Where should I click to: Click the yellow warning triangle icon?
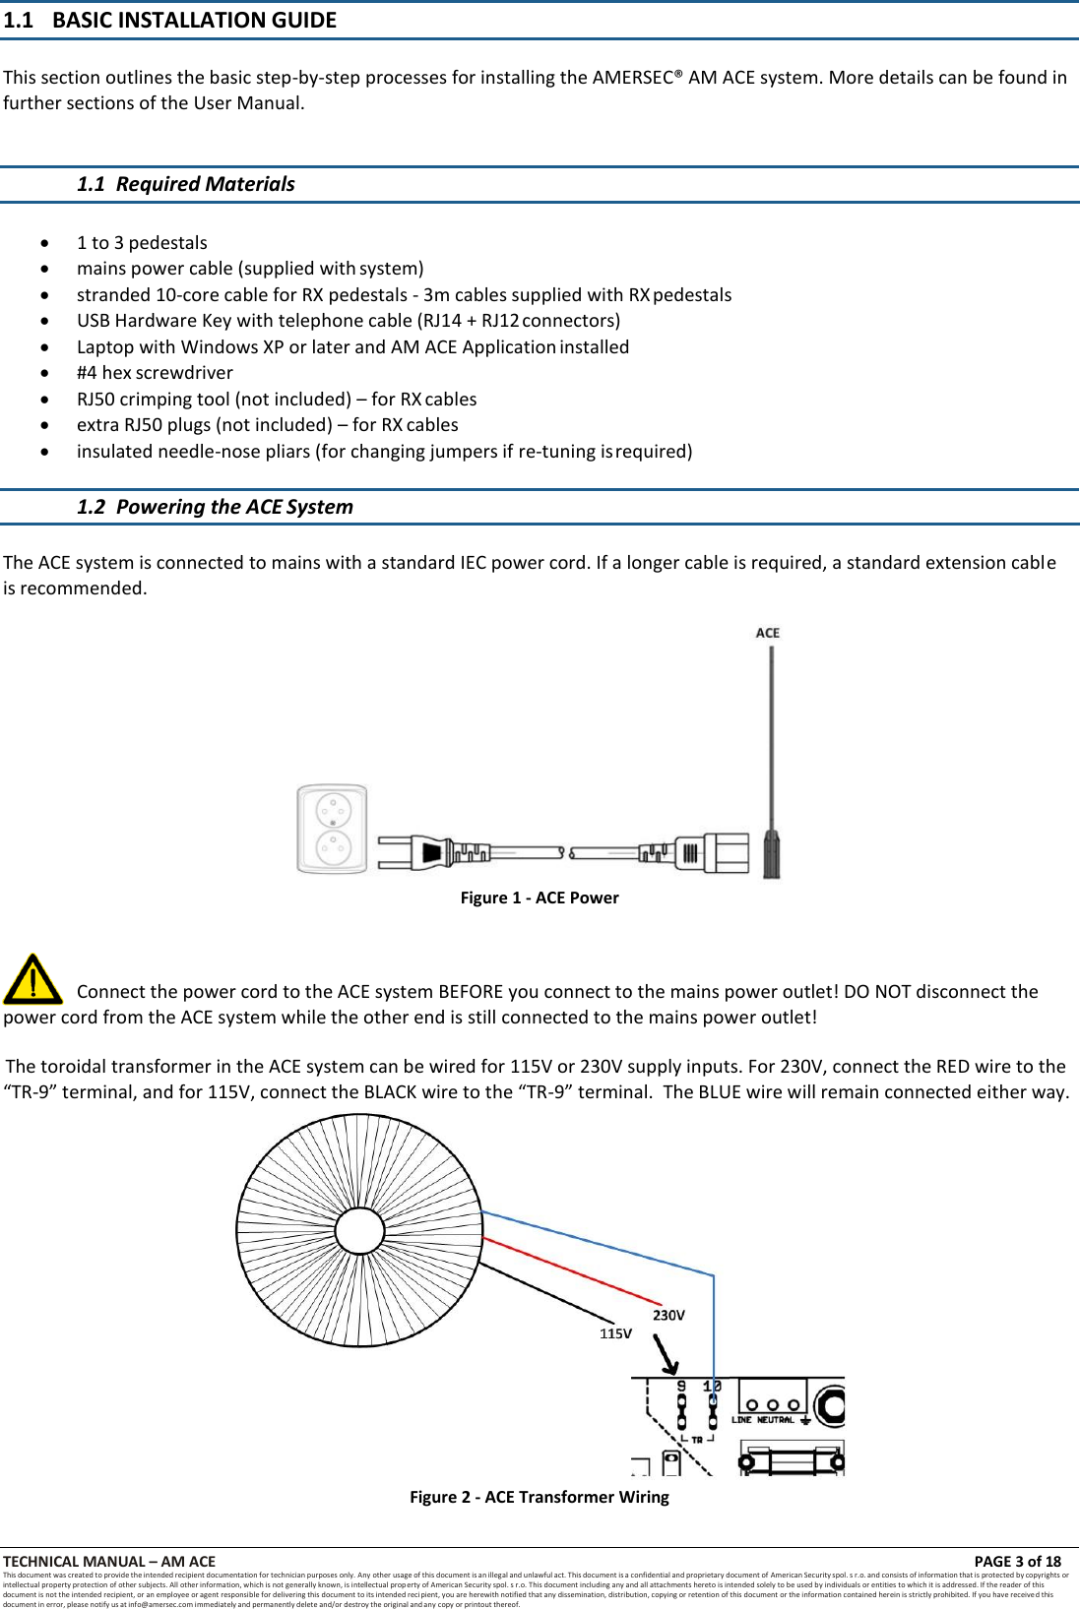(32, 979)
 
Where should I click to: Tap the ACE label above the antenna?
(767, 633)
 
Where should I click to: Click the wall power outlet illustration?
(333, 829)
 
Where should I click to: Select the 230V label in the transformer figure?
(668, 1315)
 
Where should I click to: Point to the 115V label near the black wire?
(615, 1333)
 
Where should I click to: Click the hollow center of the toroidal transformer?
(359, 1231)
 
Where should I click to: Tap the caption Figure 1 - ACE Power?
(540, 897)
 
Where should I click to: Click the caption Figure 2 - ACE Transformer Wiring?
(540, 1497)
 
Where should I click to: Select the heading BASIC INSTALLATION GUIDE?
(194, 20)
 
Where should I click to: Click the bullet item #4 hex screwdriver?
(155, 373)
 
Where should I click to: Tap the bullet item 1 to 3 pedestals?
(142, 243)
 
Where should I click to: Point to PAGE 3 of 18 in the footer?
(1017, 1561)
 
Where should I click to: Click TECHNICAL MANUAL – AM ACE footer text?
(109, 1561)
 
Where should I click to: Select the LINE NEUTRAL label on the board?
(762, 1420)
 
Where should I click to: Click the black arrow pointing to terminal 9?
(667, 1356)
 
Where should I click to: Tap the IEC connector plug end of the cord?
(724, 852)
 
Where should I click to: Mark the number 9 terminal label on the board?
(681, 1386)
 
